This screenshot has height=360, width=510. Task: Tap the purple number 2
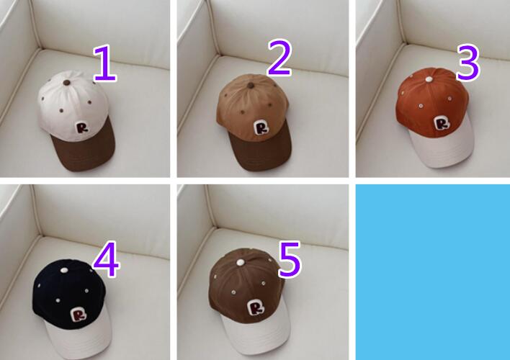coord(279,58)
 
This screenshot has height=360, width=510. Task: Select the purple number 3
coord(467,63)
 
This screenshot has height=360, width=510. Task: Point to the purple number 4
coord(107,259)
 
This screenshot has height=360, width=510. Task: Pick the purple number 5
coord(290,259)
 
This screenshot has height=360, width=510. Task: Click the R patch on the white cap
coord(82,127)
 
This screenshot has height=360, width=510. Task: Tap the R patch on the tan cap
coord(261,127)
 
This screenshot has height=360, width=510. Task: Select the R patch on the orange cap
coord(442,123)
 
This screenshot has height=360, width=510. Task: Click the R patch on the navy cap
coord(79,314)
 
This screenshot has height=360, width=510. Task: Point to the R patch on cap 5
coord(256,307)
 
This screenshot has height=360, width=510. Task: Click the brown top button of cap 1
coord(67,83)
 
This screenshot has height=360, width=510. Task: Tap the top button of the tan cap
coord(251,86)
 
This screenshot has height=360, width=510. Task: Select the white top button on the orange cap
coord(429,79)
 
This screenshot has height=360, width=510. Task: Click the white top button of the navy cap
coord(63,270)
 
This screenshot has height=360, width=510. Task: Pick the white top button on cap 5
coord(240,262)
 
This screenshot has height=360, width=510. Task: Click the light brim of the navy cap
coord(78,338)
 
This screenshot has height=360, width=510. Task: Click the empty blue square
coord(433,272)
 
